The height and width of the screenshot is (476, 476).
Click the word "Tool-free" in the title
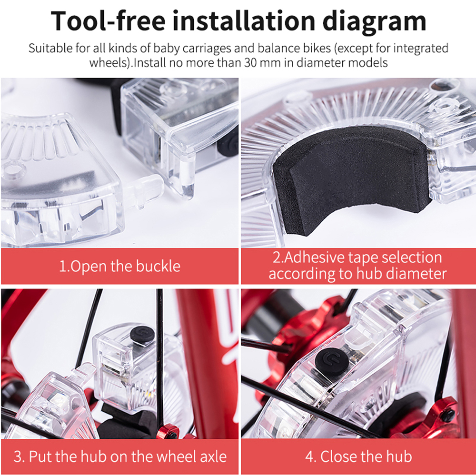[108, 21]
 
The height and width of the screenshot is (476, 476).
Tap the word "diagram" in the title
[374, 22]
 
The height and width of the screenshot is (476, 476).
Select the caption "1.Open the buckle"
[119, 266]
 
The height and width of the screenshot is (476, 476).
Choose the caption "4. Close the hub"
[358, 456]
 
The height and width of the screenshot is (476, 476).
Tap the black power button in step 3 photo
[142, 336]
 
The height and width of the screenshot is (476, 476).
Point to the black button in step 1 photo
[228, 146]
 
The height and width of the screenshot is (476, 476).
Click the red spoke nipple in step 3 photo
[168, 432]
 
